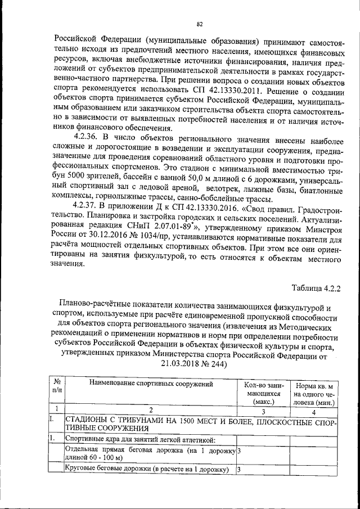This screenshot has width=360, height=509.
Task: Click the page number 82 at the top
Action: tap(200, 24)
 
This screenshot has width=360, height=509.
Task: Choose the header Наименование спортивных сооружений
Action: tap(151, 384)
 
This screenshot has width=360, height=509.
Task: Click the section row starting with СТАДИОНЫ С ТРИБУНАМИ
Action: tap(200, 425)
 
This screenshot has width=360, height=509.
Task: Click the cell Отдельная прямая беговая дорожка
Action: tap(149, 454)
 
